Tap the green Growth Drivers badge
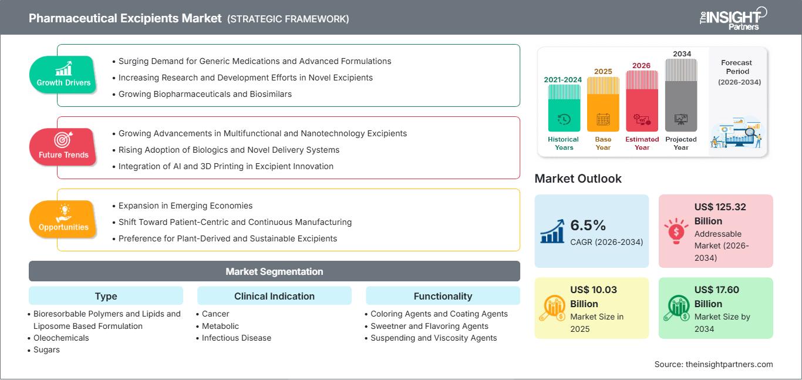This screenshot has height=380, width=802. coord(63,75)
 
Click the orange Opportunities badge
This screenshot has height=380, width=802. coord(63,219)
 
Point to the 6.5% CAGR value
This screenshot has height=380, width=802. coord(588,226)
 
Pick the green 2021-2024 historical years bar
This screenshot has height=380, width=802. coord(564,109)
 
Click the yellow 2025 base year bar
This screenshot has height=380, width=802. coord(603,105)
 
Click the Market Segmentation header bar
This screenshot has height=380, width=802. coord(274,271)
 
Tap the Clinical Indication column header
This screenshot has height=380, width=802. coord(274,296)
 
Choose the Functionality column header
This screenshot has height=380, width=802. coord(443,296)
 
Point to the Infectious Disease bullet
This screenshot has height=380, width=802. coord(236,338)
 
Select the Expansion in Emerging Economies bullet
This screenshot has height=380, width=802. coord(185,206)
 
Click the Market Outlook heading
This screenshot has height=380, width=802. coord(578,179)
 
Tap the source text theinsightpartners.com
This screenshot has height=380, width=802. coord(713,364)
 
